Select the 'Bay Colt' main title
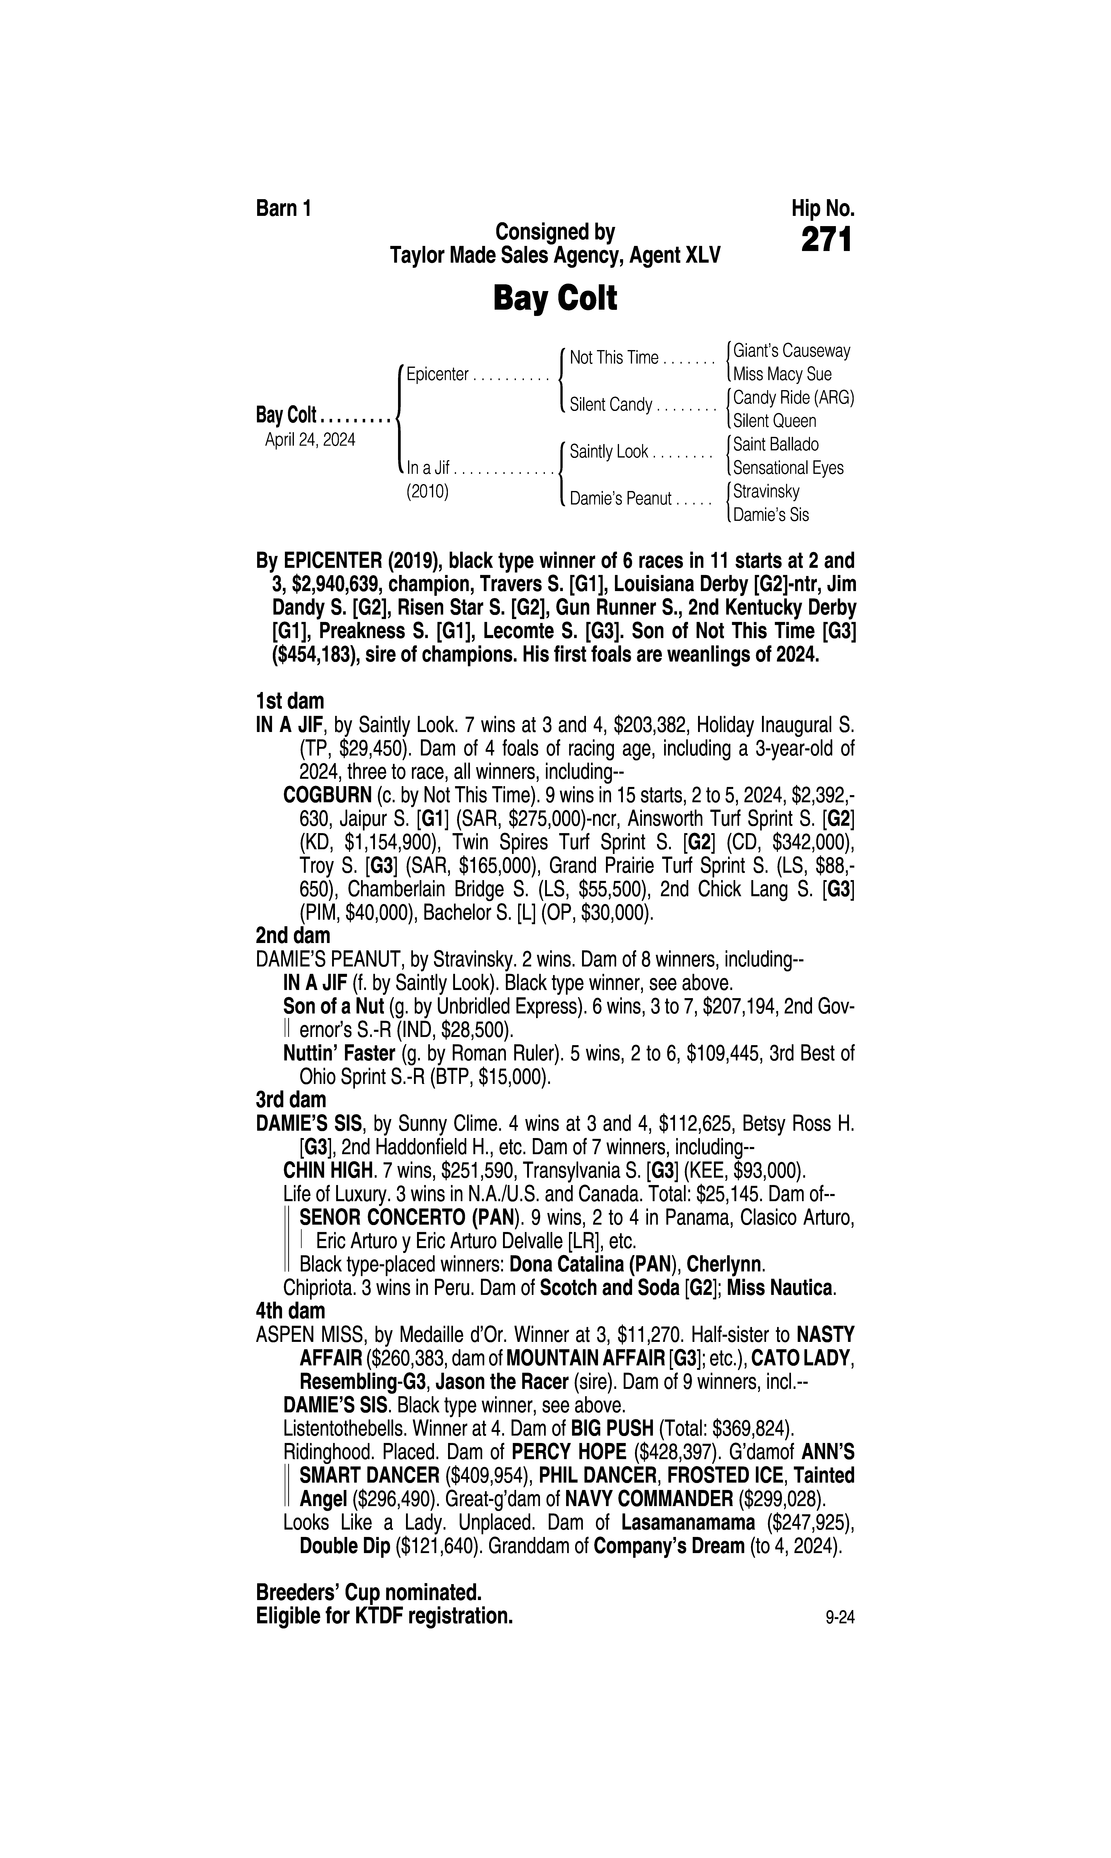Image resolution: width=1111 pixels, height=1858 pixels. pyautogui.click(x=555, y=299)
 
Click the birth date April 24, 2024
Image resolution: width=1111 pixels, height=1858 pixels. pyautogui.click(x=310, y=439)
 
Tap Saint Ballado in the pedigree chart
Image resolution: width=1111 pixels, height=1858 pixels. pyautogui.click(x=776, y=445)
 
